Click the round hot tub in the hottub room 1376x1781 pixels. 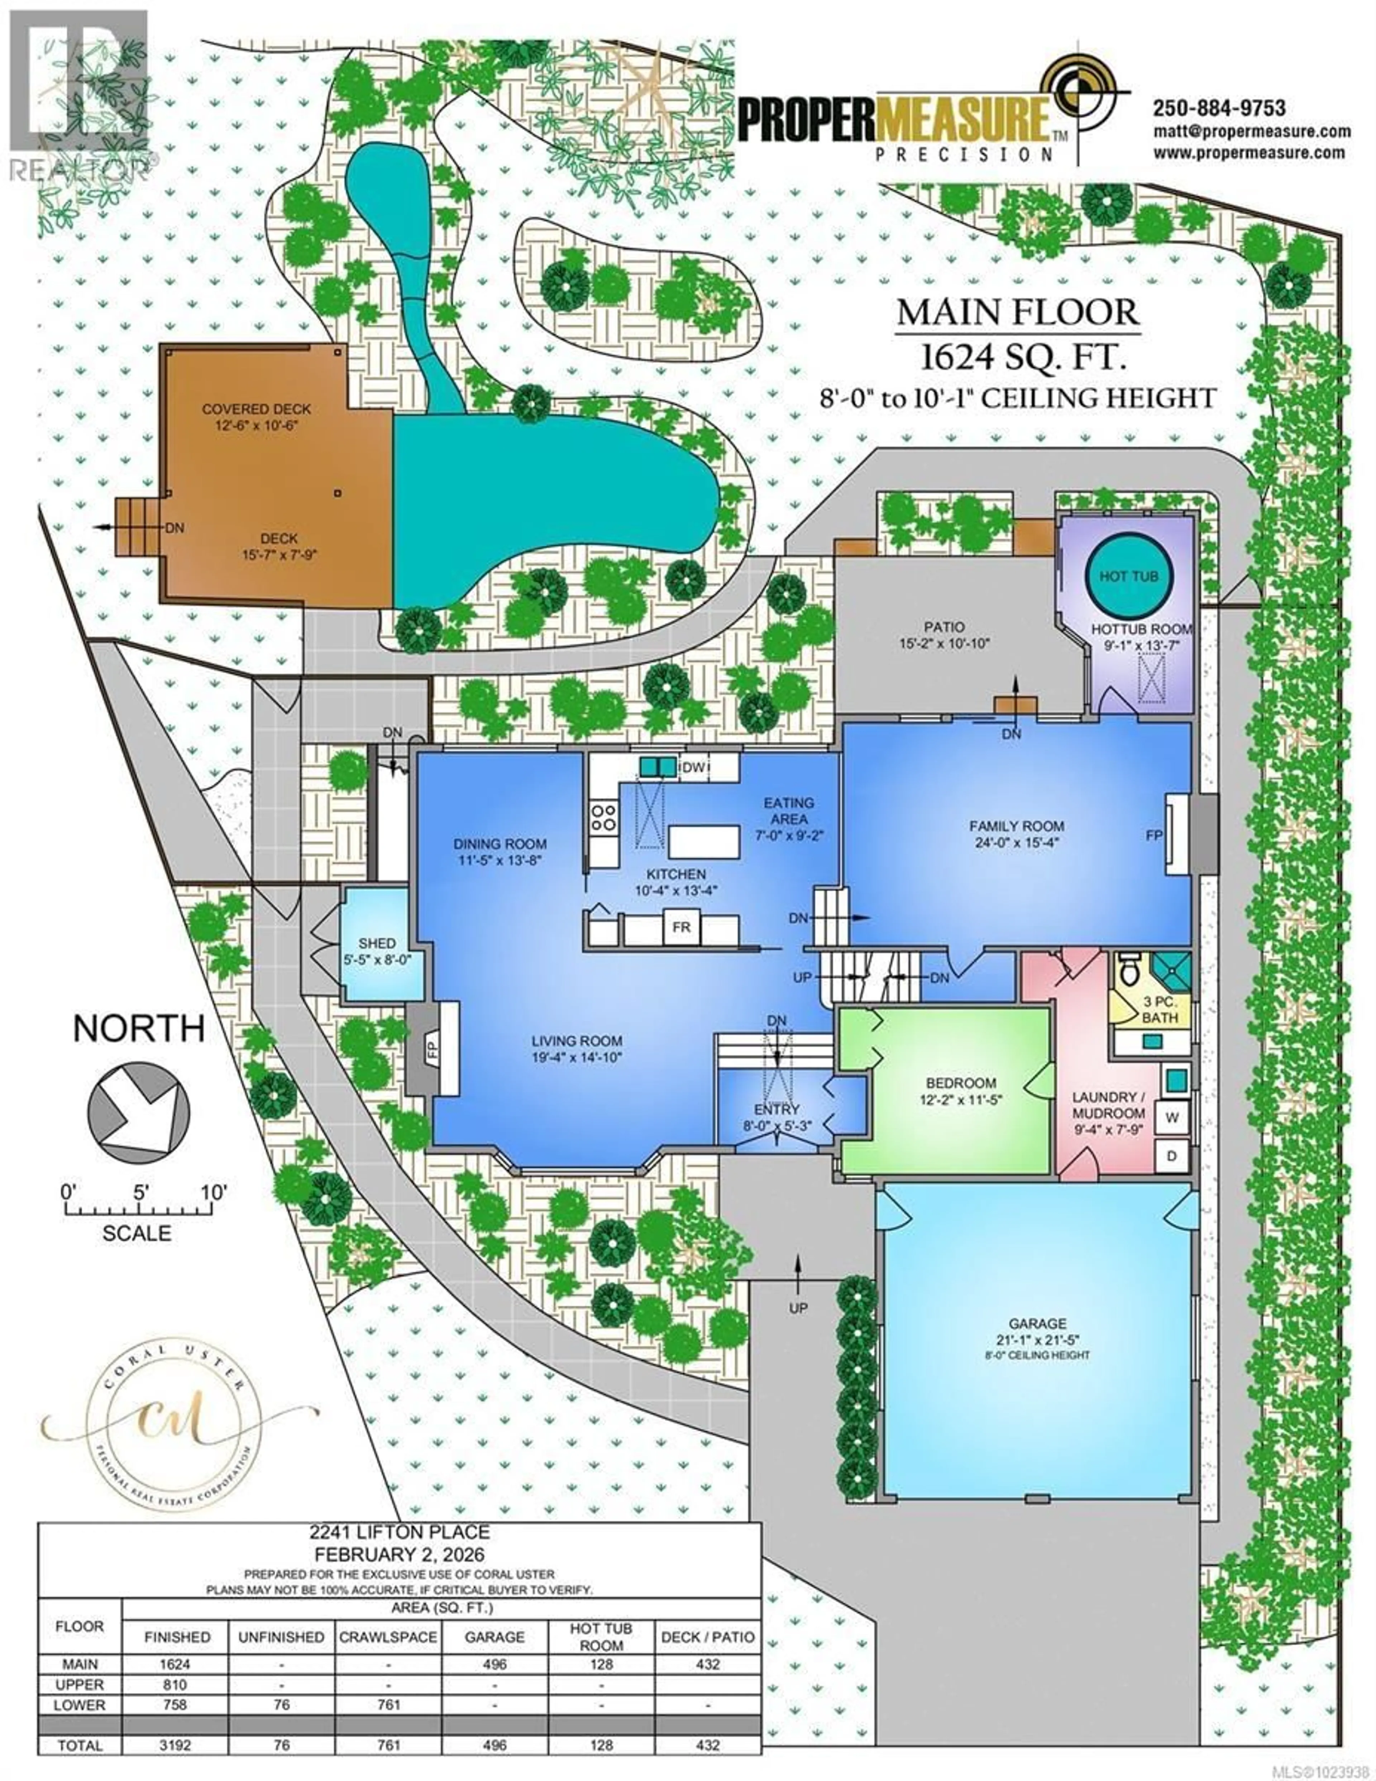[x=1128, y=576]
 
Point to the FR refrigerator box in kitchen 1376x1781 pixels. [x=681, y=927]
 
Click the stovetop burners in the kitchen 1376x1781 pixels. [x=603, y=817]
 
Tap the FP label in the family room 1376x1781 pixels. [x=1153, y=836]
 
